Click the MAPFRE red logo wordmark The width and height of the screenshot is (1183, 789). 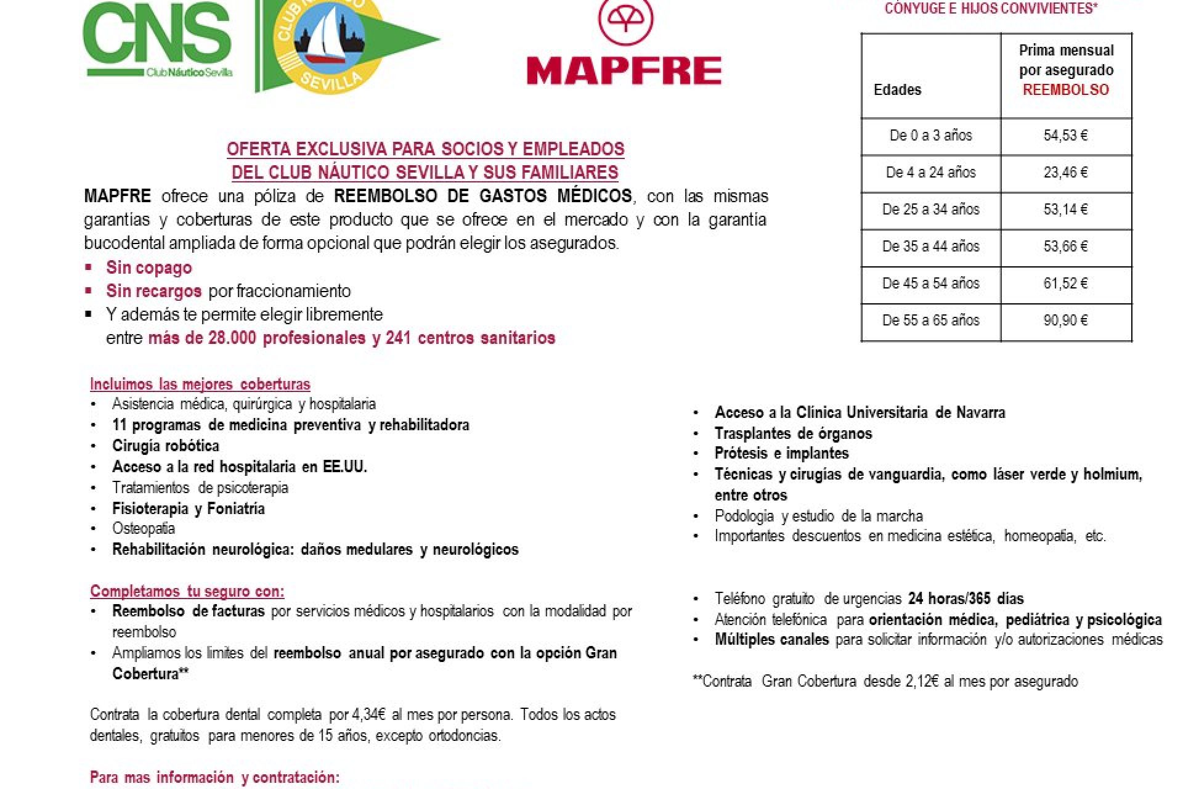coord(624,70)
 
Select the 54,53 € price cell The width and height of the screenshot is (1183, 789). coord(1065,136)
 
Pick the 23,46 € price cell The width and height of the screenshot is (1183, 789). coord(1065,173)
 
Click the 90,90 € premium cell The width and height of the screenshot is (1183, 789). coord(1065,321)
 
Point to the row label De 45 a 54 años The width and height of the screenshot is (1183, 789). coord(930,284)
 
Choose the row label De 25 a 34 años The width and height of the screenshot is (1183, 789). coord(930,210)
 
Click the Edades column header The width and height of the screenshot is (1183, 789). coord(897,90)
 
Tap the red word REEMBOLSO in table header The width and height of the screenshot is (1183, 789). coord(1066,90)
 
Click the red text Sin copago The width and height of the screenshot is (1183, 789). coord(148,268)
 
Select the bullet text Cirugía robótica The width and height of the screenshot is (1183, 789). coord(165,446)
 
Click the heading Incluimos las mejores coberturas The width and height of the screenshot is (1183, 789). coord(200,384)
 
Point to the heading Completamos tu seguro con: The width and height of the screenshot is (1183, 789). coord(187,591)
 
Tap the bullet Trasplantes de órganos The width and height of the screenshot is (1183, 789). coord(793,433)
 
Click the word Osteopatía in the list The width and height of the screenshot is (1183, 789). coord(144,529)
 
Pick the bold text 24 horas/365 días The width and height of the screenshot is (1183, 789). coord(966,599)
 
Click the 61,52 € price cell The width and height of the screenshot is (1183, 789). coord(1065,284)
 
